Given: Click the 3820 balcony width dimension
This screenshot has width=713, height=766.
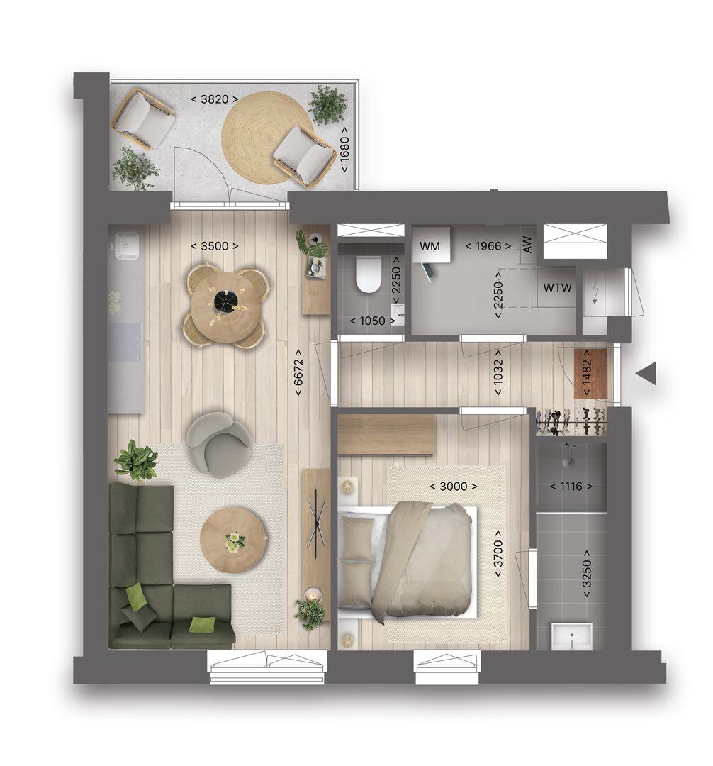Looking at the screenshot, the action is (214, 99).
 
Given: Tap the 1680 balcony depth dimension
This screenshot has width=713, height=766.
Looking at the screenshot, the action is (344, 149).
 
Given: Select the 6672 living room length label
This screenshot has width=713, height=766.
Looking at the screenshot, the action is (298, 372).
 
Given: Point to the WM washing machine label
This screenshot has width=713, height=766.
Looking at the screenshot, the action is (430, 245).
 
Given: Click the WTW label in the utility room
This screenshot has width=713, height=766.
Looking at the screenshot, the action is (557, 288).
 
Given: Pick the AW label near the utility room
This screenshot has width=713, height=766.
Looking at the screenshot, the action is (527, 245).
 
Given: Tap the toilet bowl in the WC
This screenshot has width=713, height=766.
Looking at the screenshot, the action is (368, 274).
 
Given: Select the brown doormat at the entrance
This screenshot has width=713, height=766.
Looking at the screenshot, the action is (590, 374).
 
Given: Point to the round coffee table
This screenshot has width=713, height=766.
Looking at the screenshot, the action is (234, 539).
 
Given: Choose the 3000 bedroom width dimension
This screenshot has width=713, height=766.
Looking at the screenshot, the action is (454, 486).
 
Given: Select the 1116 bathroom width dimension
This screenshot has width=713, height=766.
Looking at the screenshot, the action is (571, 486).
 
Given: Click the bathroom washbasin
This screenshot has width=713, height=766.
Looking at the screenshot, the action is (571, 636).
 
